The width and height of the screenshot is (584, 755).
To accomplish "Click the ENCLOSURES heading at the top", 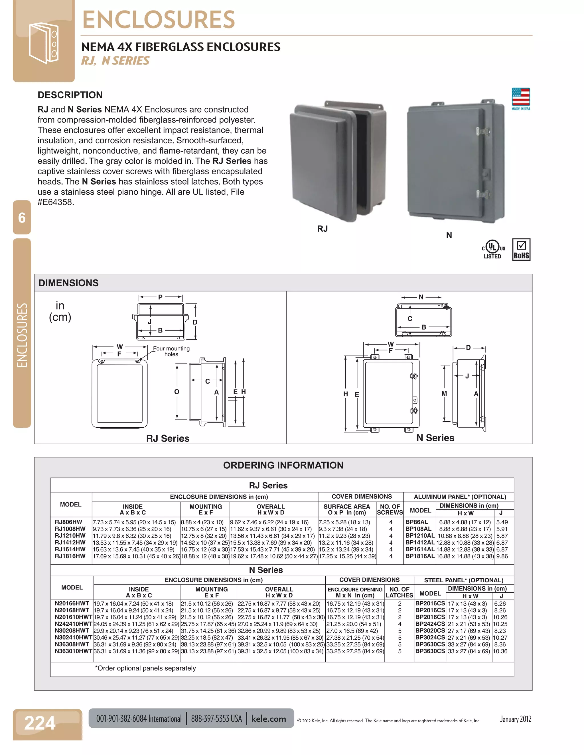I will (x=159, y=20).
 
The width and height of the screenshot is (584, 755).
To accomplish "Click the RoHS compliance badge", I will (x=521, y=250).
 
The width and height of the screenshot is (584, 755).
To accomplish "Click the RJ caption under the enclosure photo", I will (x=322, y=229).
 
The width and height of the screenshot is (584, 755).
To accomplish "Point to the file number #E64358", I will (x=56, y=202).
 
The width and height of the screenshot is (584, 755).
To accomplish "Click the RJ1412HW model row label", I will (x=70, y=542).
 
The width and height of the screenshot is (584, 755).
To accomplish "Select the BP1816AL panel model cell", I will (x=420, y=556).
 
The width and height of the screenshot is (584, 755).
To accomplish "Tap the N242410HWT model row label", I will (x=73, y=624).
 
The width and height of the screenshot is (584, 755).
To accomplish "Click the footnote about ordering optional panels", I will (x=145, y=668).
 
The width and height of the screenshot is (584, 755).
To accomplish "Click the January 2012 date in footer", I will (x=516, y=719).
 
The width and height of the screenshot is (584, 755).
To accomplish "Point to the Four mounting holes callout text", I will (x=171, y=351).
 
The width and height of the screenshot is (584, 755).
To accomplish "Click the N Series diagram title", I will (x=435, y=438).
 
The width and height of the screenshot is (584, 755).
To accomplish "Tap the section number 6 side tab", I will (x=22, y=218).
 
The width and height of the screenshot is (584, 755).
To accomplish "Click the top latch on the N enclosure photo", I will (x=483, y=131).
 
